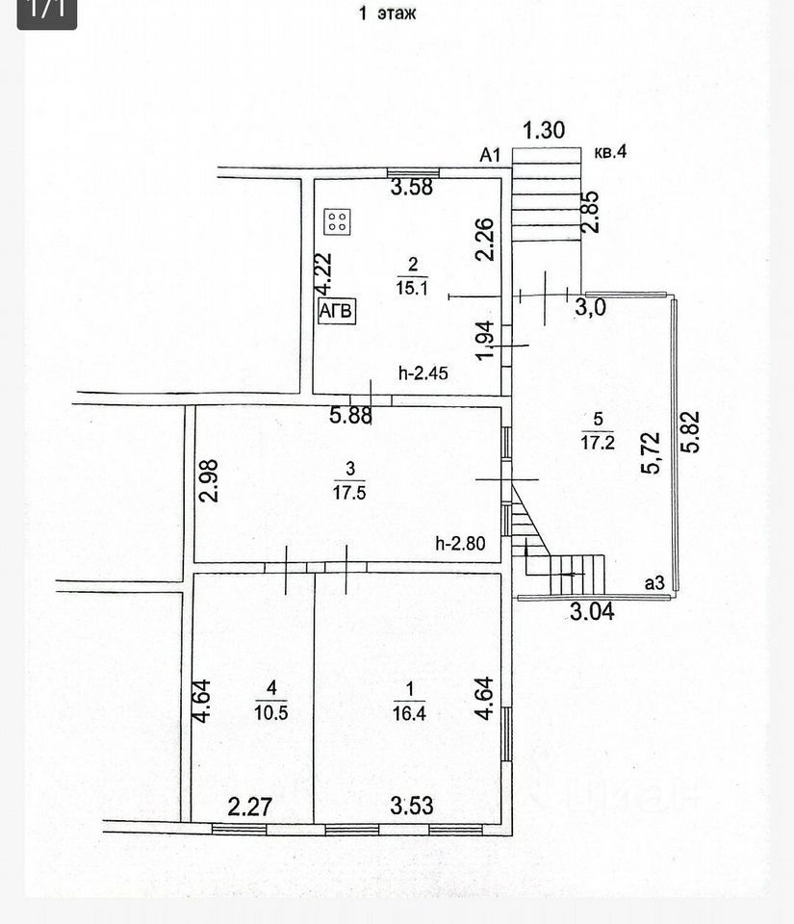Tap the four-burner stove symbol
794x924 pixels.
pos(338,223)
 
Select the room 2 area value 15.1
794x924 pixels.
pos(412,286)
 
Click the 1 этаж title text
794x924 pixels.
pos(388,13)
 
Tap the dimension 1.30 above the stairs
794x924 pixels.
pos(544,129)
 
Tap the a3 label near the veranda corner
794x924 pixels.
pos(654,582)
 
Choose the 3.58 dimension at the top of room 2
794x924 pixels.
pos(411,188)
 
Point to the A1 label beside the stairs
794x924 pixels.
pos(492,155)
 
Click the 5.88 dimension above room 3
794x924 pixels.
pos(351,416)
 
